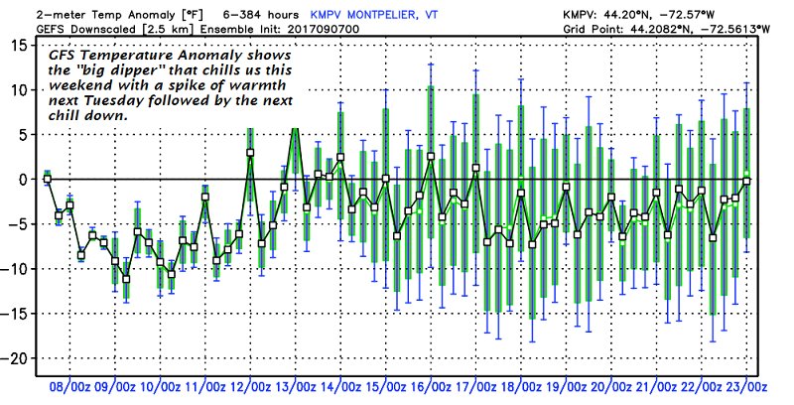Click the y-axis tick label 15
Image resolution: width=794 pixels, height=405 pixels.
click(18, 46)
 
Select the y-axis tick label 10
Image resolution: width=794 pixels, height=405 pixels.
click(18, 90)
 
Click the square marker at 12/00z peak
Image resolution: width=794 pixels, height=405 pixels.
click(250, 153)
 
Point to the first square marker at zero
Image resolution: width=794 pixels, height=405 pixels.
click(47, 180)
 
